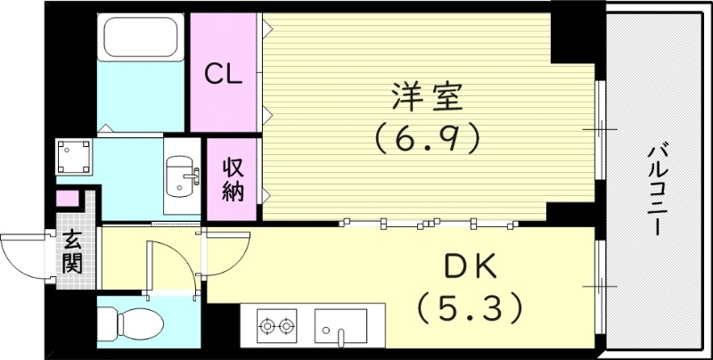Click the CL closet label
(224, 74)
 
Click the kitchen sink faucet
(340, 335)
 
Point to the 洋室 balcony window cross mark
(600, 130)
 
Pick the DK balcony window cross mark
(600, 285)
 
